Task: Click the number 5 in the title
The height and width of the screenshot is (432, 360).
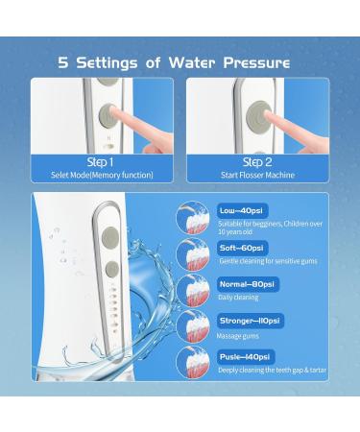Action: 63,62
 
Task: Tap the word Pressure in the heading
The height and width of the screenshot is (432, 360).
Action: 256,62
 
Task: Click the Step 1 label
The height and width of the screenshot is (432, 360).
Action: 101,162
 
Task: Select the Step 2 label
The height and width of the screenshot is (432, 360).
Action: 257,162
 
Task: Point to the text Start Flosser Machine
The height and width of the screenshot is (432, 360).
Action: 257,175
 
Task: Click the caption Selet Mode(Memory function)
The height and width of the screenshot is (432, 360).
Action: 102,175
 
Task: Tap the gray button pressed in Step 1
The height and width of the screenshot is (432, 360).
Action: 108,114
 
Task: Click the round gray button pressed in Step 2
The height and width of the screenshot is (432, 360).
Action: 259,114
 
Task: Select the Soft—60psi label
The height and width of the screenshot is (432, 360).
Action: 242,248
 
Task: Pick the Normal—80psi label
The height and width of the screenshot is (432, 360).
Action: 248,284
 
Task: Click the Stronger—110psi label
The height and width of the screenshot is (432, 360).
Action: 250,321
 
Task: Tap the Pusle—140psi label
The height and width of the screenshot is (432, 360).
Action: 246,357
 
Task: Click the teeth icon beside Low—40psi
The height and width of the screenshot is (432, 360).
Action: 193,218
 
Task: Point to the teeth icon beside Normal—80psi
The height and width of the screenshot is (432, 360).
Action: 193,291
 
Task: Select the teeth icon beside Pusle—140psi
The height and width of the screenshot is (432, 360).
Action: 193,363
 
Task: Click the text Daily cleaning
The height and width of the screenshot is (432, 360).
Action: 238,298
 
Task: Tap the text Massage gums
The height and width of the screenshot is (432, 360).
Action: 238,336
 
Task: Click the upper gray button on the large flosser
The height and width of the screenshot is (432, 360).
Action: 110,237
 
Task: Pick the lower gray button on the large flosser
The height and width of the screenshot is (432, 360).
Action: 112,270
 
